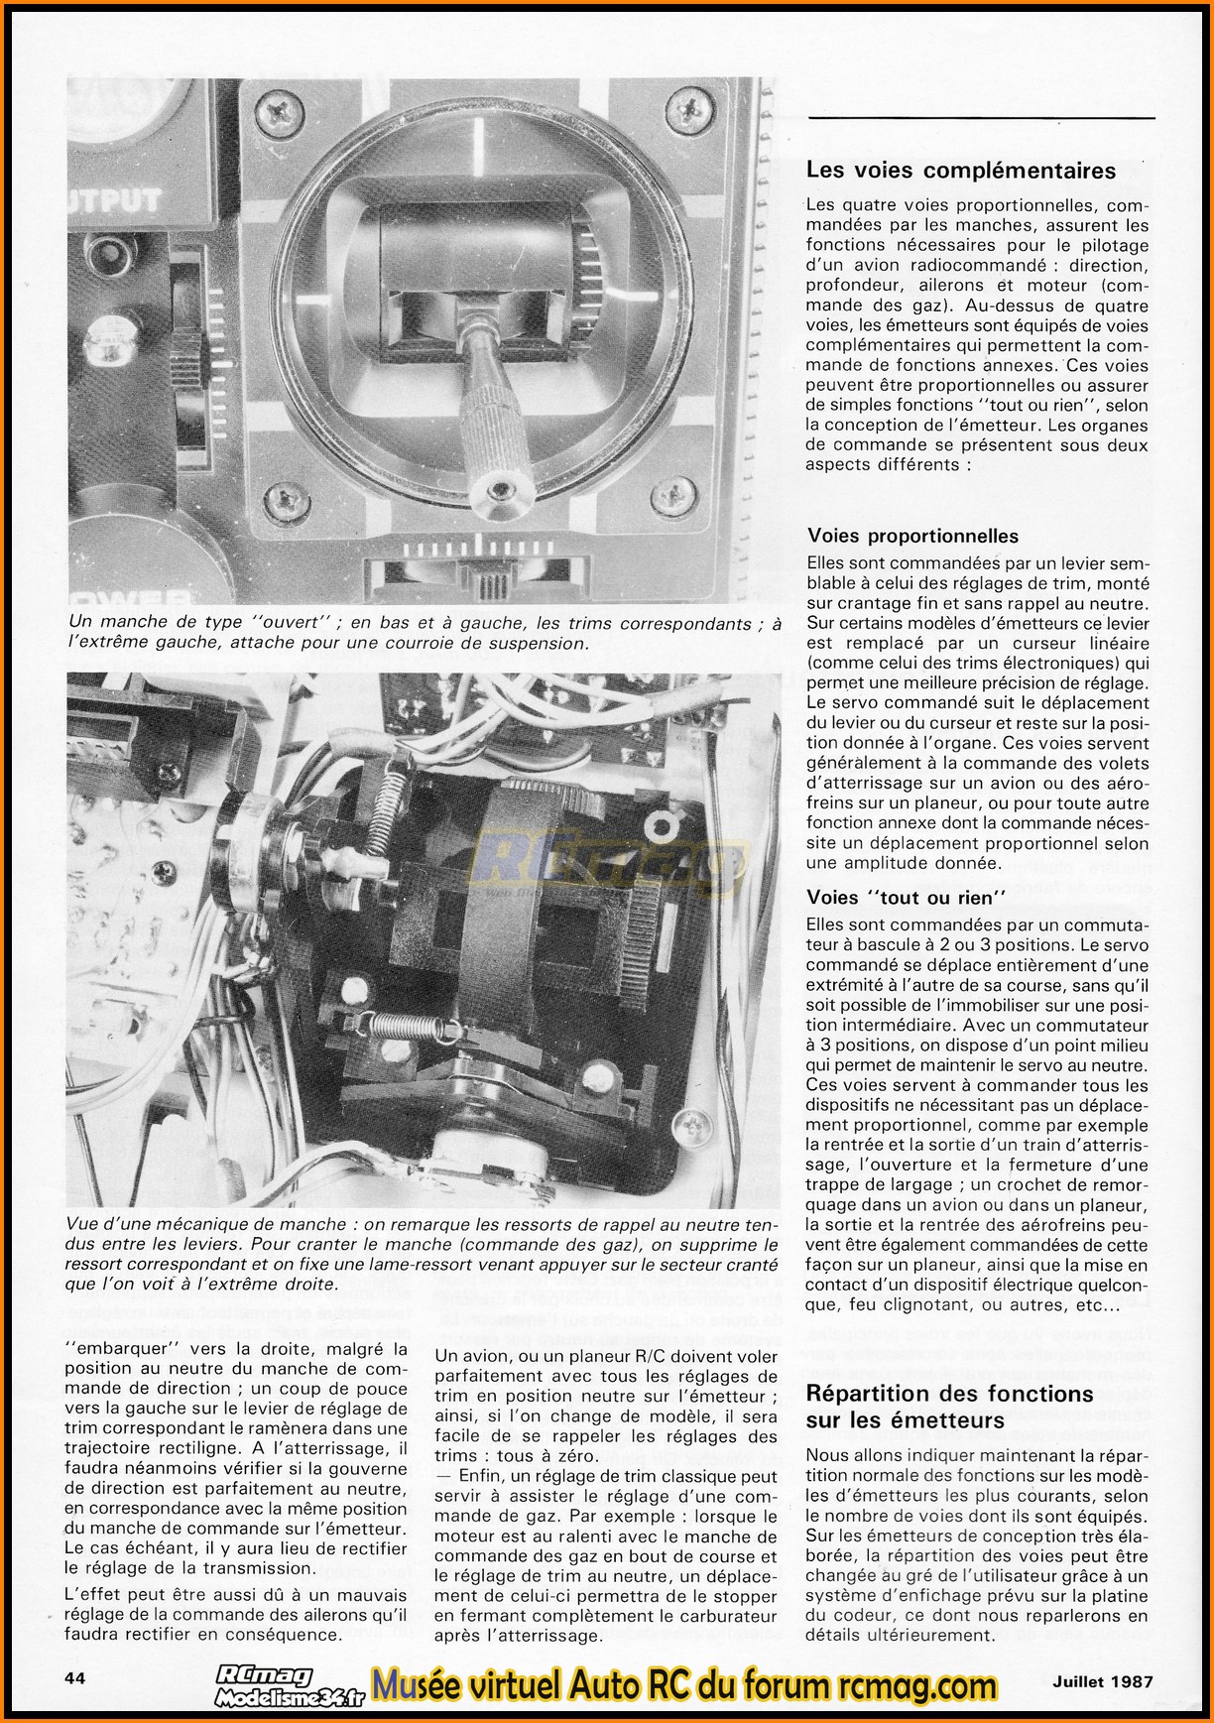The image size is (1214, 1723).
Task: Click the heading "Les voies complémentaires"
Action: pos(960,171)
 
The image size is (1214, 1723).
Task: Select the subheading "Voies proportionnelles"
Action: pos(912,537)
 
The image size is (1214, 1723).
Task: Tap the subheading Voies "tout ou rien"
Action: pos(907,898)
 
